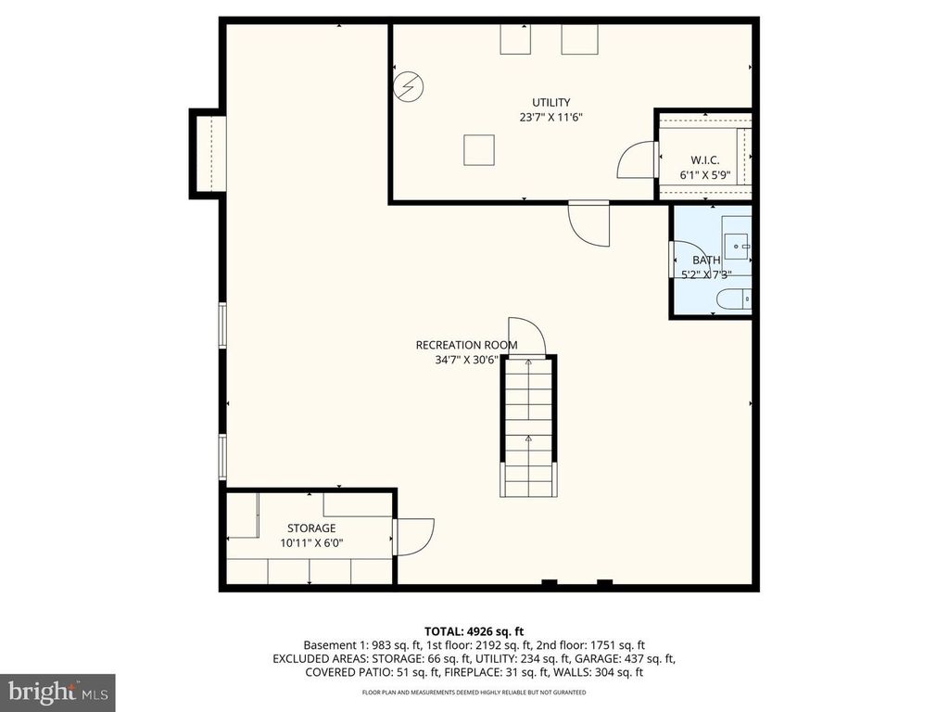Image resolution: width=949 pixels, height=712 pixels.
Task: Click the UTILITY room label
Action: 550,102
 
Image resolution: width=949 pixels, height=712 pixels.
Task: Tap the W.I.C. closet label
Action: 705,160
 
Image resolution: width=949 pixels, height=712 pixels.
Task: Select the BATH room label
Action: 706,261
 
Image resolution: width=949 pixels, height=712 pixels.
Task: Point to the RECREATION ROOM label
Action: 467,345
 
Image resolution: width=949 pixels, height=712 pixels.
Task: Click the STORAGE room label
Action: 311,528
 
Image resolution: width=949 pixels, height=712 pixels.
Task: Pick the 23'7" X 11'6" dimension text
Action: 550,118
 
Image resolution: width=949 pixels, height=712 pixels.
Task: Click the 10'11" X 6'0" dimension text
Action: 311,543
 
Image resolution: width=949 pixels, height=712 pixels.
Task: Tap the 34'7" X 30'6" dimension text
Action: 467,361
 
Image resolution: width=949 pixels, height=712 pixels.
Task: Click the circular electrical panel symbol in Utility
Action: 408,87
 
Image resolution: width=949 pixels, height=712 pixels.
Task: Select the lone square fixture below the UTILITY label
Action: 479,150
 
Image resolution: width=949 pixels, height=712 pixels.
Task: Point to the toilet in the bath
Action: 734,299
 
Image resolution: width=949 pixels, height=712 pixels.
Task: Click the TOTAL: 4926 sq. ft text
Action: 474,631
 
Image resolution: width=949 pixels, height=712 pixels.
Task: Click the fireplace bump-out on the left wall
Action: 209,154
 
